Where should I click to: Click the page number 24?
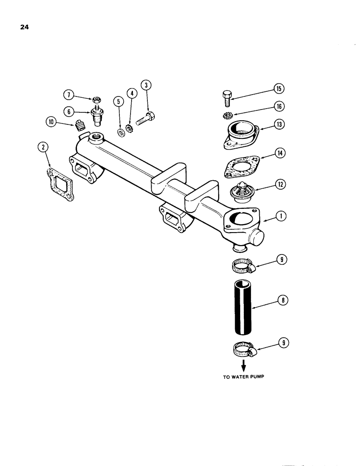[25, 27]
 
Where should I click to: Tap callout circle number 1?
[281, 216]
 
